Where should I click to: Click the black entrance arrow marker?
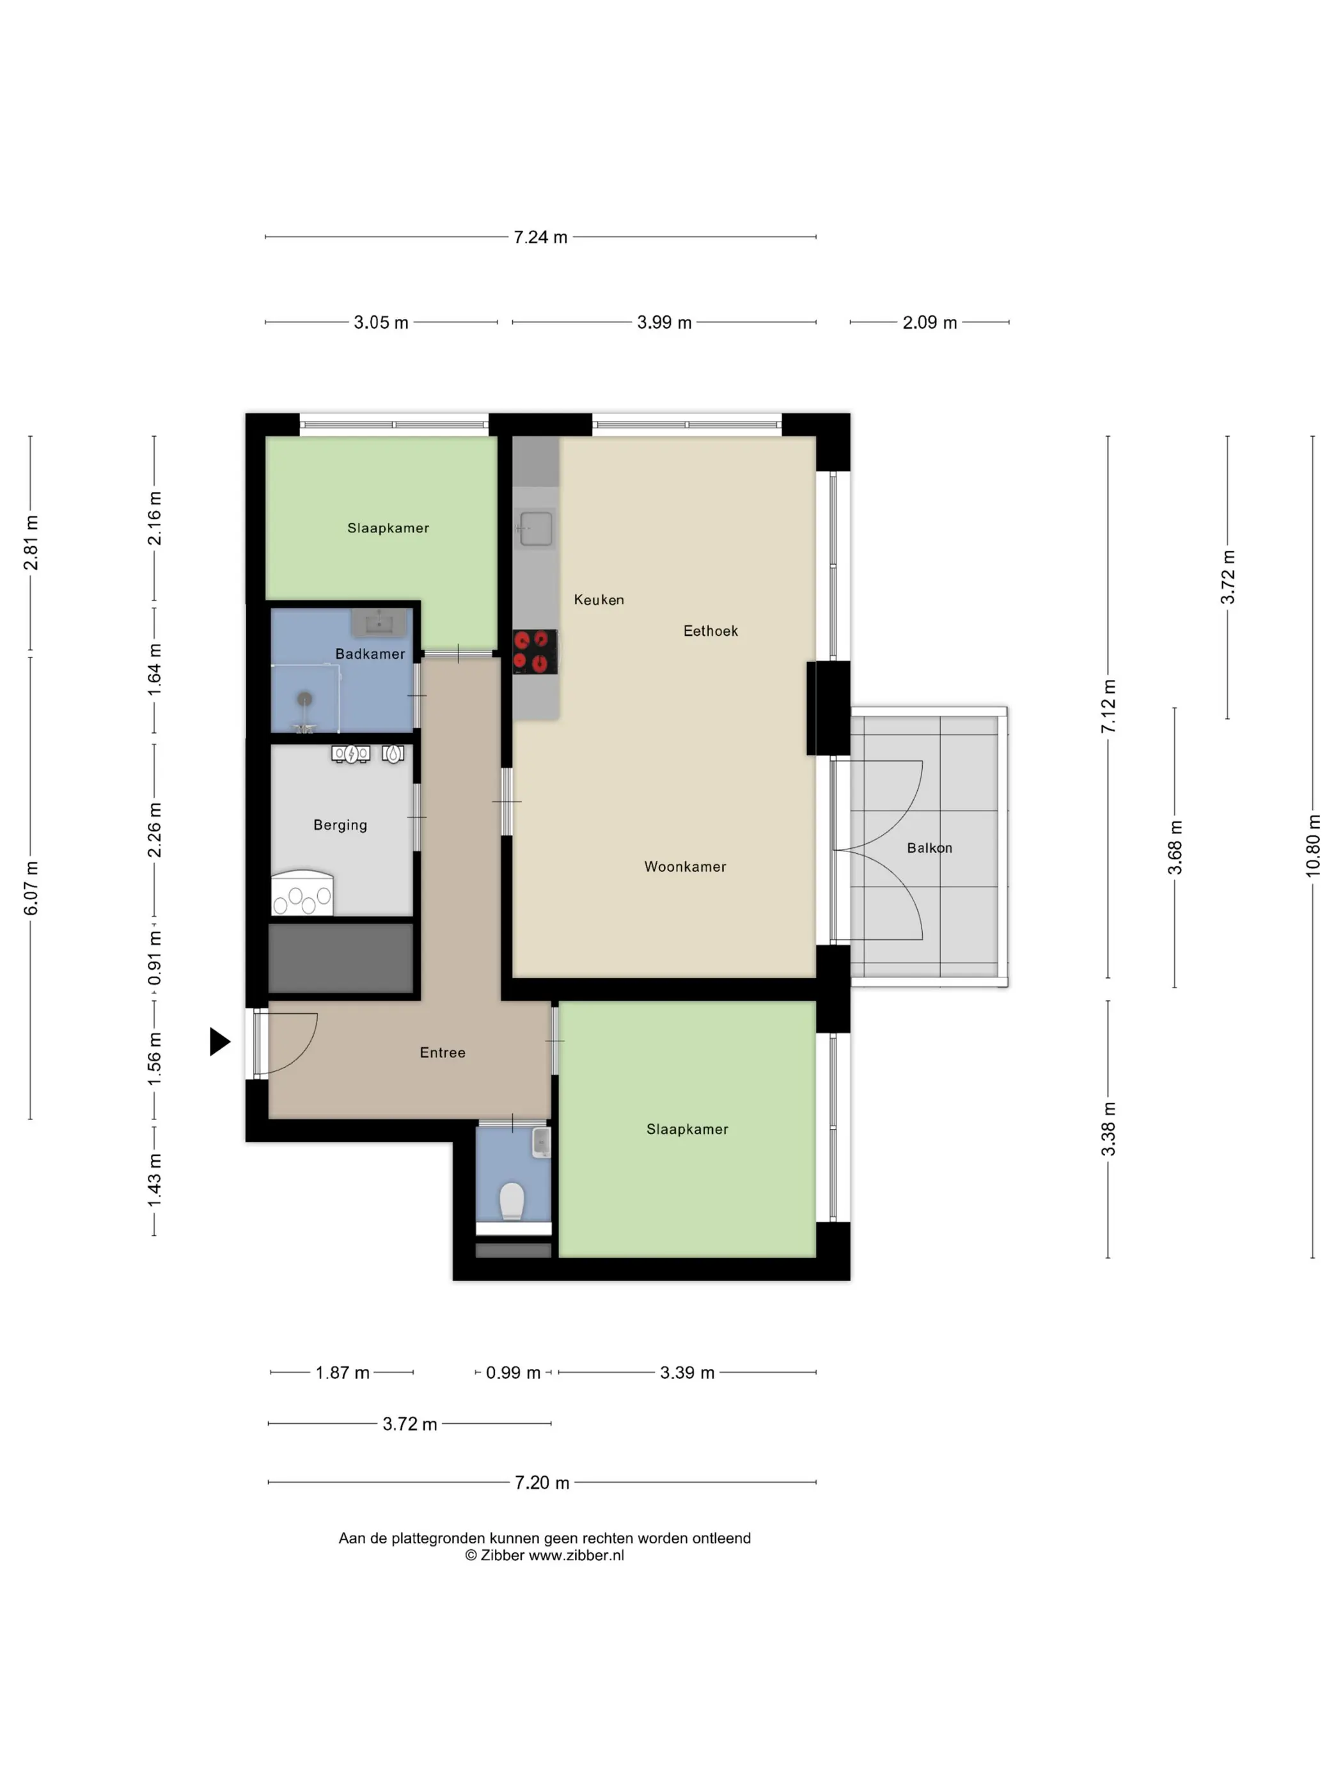219,1041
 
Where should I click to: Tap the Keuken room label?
599,600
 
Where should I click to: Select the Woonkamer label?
685,866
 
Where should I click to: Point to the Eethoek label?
710,631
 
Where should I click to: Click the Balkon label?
929,848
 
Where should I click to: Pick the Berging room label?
340,825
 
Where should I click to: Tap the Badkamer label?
370,654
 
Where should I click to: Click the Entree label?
442,1053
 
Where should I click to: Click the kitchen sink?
536,529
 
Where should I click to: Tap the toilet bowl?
512,1201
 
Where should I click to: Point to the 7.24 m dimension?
541,237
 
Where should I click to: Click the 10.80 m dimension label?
1312,846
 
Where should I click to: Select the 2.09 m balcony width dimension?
929,322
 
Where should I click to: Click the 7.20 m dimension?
542,1483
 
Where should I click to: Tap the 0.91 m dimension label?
154,958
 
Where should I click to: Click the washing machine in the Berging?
302,893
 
